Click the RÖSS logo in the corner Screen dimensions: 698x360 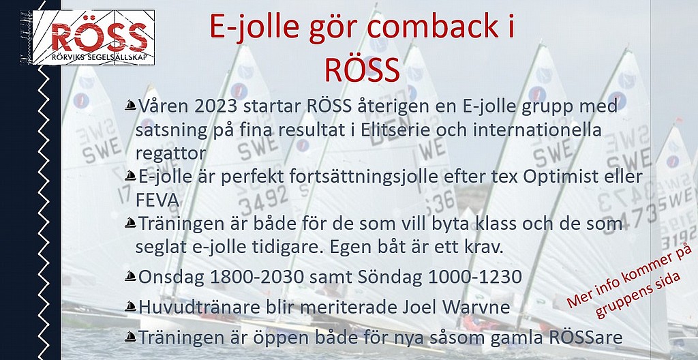[88, 37]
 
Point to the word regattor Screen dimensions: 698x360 [171, 154]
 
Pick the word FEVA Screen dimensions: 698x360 [157, 201]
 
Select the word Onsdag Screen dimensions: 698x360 [171, 277]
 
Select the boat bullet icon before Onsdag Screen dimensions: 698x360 [130, 276]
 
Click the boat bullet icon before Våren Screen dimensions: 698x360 [130, 106]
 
